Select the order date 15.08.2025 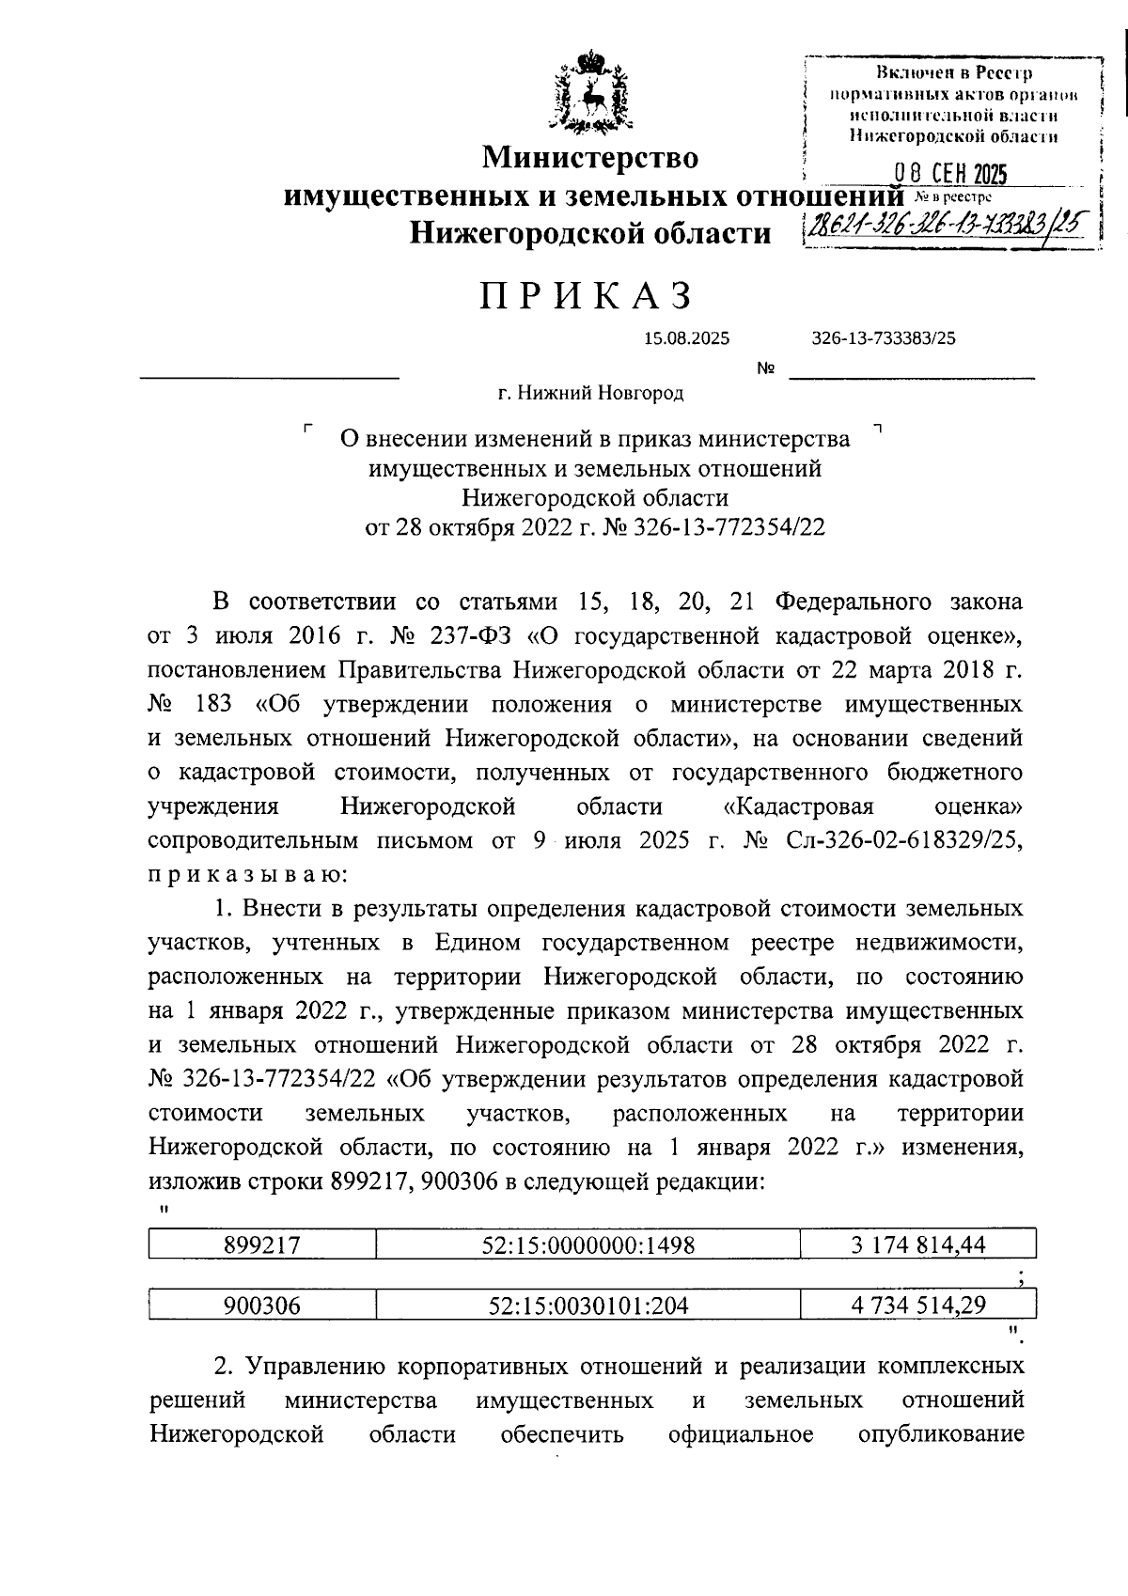pos(686,339)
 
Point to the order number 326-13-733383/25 pos(884,339)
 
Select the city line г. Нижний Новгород pos(591,393)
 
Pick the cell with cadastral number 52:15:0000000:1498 pos(587,1245)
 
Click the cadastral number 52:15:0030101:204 pos(587,1305)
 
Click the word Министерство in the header pos(590,157)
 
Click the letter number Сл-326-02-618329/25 pos(902,840)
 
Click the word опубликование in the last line pos(941,1434)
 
